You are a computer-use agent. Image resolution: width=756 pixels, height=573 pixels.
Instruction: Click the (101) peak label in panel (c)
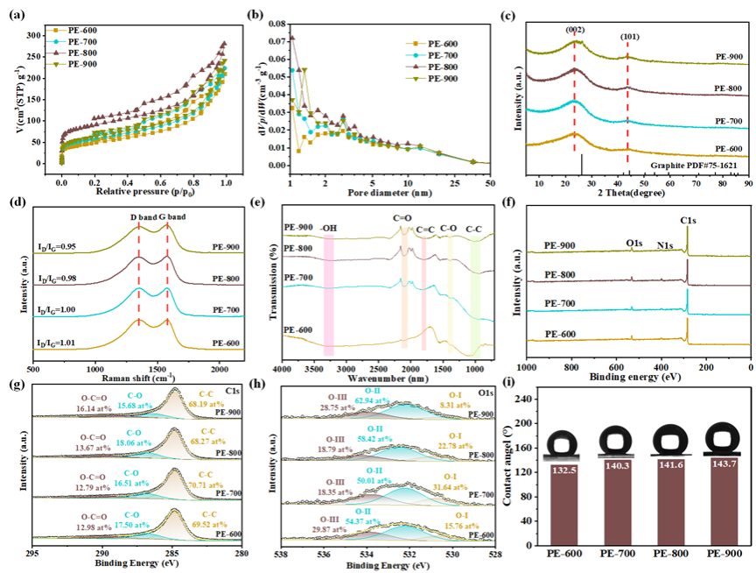[x=631, y=38]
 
